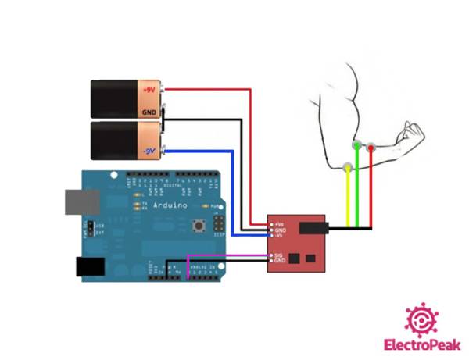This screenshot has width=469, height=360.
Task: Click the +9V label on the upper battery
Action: (x=149, y=90)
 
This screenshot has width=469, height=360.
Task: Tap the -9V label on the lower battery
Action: (x=149, y=150)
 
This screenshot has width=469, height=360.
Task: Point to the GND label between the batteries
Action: (x=149, y=112)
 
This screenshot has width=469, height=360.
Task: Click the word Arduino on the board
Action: (x=170, y=205)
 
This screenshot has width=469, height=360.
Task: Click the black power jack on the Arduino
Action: (x=91, y=266)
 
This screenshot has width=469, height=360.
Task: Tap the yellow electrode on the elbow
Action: (x=348, y=166)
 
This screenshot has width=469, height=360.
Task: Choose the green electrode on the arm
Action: (x=357, y=145)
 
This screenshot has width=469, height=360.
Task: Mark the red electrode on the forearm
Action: (x=371, y=146)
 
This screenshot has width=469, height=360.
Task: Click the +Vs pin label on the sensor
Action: (x=280, y=224)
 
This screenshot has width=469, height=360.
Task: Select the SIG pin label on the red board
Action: (x=279, y=255)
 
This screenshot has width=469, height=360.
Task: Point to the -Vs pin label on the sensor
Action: (x=279, y=235)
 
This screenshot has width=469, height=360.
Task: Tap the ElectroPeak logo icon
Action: (x=421, y=319)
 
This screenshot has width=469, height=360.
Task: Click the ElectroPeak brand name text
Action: (x=421, y=344)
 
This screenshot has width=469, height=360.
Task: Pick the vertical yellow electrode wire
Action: (x=348, y=199)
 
